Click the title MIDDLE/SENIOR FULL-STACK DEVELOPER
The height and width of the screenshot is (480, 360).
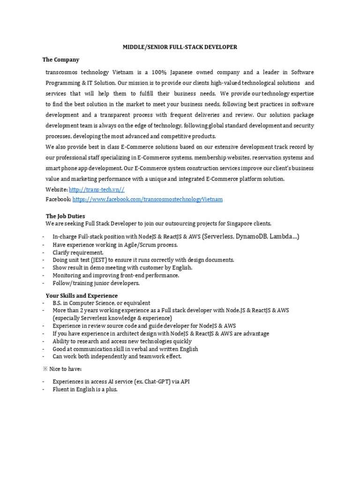(180, 47)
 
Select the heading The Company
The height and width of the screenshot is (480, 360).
(61, 60)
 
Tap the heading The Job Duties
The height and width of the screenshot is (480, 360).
(65, 216)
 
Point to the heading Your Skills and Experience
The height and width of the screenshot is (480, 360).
(82, 296)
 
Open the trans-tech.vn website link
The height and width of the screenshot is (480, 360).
(97, 189)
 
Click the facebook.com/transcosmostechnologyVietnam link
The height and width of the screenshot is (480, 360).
(148, 199)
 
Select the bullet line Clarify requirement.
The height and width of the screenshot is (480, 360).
(78, 253)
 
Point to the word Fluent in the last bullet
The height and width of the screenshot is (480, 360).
(61, 390)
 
